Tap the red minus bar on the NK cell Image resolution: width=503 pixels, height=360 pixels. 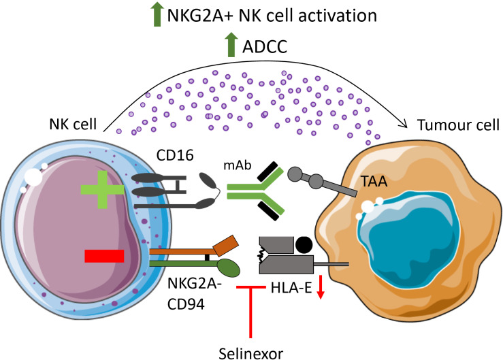coord(104,256)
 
